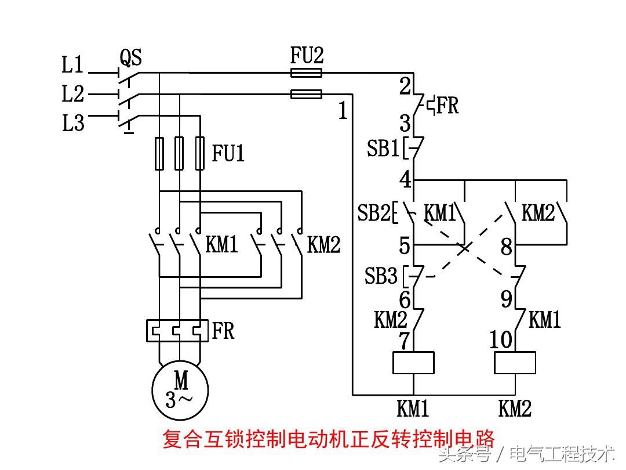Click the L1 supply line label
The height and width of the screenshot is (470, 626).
point(73,65)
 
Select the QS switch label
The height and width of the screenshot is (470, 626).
point(131,57)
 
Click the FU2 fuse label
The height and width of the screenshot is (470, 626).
point(307,56)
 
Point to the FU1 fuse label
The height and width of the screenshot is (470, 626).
point(228,154)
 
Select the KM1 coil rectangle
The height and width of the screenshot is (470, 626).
point(413,363)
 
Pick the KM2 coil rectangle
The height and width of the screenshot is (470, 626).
point(515,363)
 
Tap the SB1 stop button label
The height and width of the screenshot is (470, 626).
point(383,149)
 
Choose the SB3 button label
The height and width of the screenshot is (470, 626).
point(381,276)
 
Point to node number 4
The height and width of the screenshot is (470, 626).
point(405,180)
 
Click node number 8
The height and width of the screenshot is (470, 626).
point(507,247)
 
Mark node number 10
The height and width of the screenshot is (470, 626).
point(501,339)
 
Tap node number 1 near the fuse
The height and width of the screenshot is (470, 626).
point(343,111)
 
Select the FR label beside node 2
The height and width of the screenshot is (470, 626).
point(447,106)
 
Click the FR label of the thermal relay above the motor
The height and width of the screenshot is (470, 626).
point(223,331)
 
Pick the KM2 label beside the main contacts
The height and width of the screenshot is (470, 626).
point(323,245)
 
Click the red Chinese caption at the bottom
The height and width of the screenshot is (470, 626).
point(328,439)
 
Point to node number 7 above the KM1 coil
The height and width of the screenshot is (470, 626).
point(405,341)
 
